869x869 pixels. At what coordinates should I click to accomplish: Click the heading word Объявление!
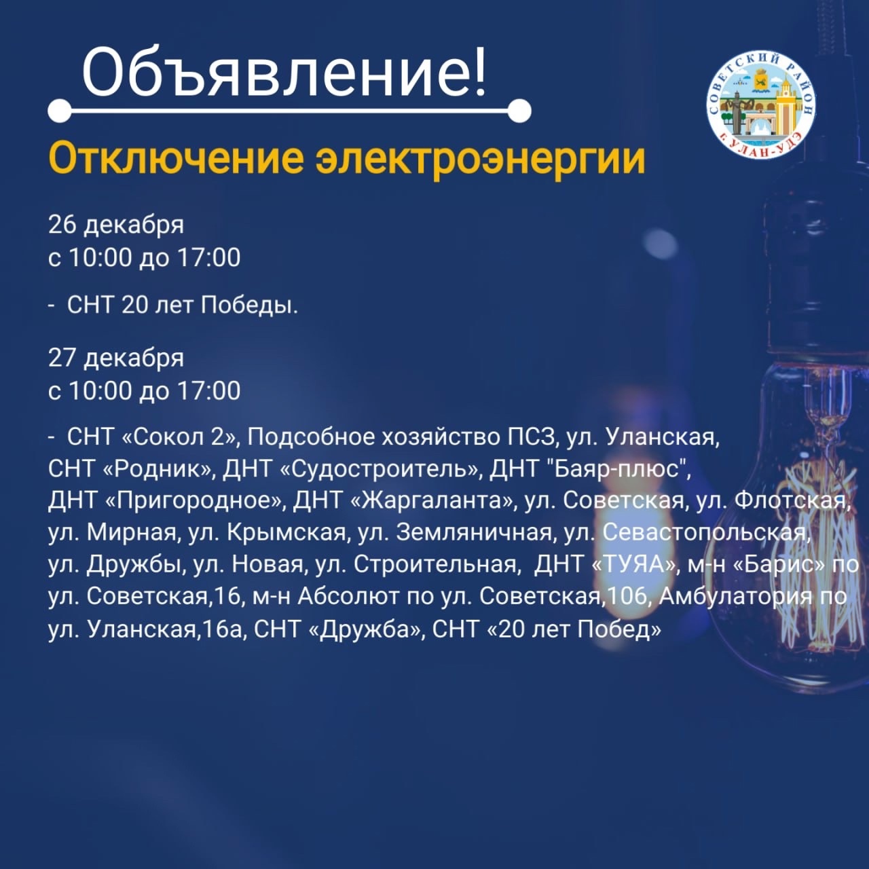tap(284, 72)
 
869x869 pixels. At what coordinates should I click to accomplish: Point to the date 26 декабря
tap(116, 225)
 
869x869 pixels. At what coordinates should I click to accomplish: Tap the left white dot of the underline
tap(60, 111)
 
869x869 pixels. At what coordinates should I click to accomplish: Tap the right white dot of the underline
tap(519, 111)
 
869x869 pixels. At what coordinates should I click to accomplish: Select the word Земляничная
tap(474, 533)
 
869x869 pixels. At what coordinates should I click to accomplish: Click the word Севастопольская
tap(703, 532)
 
